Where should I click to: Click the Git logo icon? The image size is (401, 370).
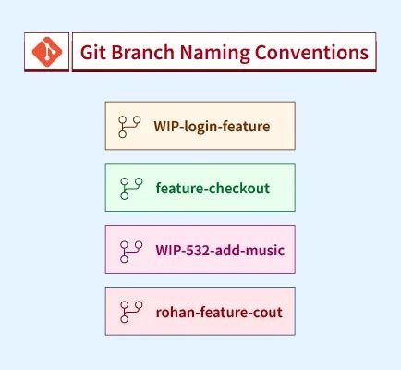[x=47, y=52]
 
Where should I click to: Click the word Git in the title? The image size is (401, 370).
[x=92, y=52]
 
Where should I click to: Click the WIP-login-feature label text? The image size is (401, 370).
[x=212, y=125]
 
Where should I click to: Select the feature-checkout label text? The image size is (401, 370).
[x=213, y=188]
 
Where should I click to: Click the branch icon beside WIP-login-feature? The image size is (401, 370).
[x=128, y=125]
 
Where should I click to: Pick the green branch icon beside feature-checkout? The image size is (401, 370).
[x=130, y=188]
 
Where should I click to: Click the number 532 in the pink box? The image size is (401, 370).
[x=197, y=250]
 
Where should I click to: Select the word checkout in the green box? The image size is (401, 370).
[x=237, y=188]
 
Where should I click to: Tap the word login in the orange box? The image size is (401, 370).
[x=203, y=125]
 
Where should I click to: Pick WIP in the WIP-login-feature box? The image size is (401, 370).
[x=166, y=125]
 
